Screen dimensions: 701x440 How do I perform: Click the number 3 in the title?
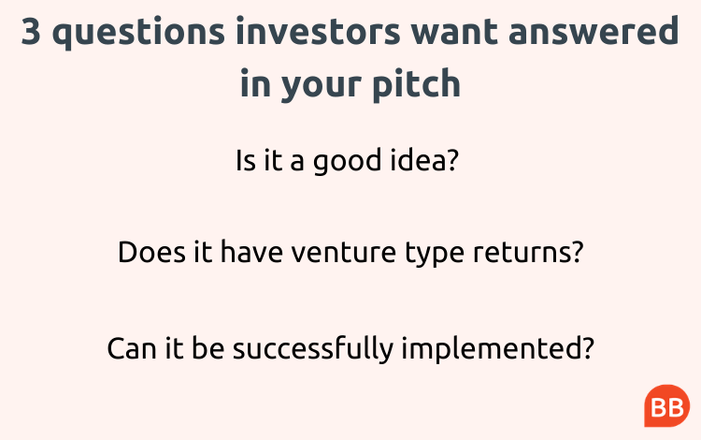pyautogui.click(x=31, y=31)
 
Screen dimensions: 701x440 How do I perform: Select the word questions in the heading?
pyautogui.click(x=138, y=33)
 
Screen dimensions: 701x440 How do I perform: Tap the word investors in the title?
pyautogui.click(x=318, y=31)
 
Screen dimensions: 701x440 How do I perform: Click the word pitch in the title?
pyautogui.click(x=417, y=82)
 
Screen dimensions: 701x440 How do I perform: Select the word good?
pyautogui.click(x=347, y=161)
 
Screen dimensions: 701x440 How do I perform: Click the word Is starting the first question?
pyautogui.click(x=246, y=160)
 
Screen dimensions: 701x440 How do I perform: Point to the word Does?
pyautogui.click(x=151, y=252)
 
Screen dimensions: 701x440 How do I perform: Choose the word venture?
pyautogui.click(x=344, y=253)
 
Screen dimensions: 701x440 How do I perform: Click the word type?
pyautogui.click(x=435, y=255)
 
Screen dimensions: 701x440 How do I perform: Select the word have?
pyautogui.click(x=251, y=252)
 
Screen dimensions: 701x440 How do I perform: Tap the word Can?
pyautogui.click(x=132, y=349)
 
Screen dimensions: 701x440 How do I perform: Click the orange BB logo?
pyautogui.click(x=667, y=406)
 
